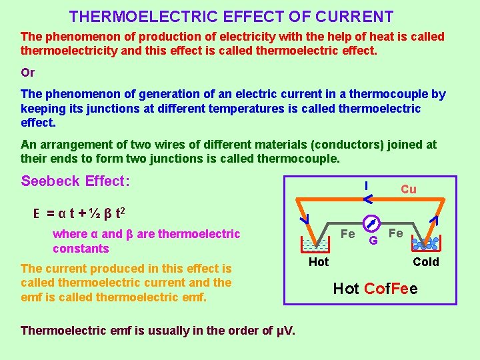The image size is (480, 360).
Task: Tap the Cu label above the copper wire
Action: (x=409, y=189)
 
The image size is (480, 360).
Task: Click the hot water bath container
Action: (x=314, y=243)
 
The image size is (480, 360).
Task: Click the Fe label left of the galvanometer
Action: (x=347, y=234)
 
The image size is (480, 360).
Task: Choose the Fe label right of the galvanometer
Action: (x=396, y=233)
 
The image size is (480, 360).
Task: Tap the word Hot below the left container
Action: (x=319, y=262)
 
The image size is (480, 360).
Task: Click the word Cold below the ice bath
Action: (x=426, y=262)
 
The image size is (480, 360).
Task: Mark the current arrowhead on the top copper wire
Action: (x=368, y=196)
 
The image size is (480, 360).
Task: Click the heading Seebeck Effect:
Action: (x=75, y=181)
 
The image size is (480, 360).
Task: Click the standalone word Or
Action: (x=28, y=73)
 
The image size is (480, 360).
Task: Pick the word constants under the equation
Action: (x=81, y=249)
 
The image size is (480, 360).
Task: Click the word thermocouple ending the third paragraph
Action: (x=304, y=159)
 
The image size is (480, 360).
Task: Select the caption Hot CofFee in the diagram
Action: (x=375, y=289)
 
